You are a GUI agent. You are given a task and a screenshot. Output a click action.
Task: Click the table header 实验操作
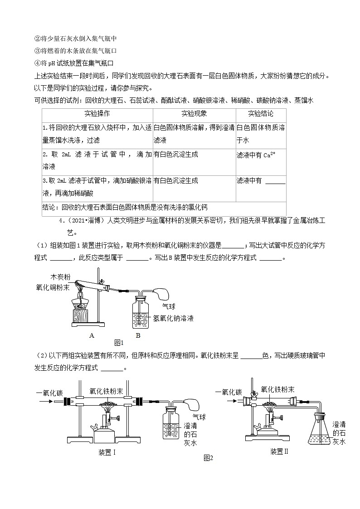click(97, 114)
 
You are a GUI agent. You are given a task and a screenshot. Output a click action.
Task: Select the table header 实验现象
click(194, 114)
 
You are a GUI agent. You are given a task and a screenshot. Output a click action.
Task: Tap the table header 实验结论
click(261, 114)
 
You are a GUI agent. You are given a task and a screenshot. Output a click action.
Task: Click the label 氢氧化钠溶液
click(173, 318)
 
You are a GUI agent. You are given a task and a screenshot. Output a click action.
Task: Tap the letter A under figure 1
click(92, 335)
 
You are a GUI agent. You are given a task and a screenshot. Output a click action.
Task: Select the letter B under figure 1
click(138, 335)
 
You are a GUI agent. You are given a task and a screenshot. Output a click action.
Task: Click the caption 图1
click(119, 343)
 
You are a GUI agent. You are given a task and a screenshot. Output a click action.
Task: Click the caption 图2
click(208, 458)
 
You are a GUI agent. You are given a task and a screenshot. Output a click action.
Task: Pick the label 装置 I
click(107, 451)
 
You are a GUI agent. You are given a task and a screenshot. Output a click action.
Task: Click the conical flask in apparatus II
click(319, 431)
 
